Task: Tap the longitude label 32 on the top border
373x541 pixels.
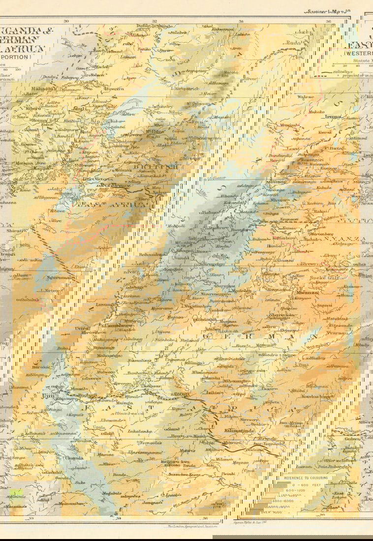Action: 154,21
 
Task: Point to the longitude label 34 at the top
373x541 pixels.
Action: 241,21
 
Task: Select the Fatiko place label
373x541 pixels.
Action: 130,50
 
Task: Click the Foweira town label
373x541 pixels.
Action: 114,89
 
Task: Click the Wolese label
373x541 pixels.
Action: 306,97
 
